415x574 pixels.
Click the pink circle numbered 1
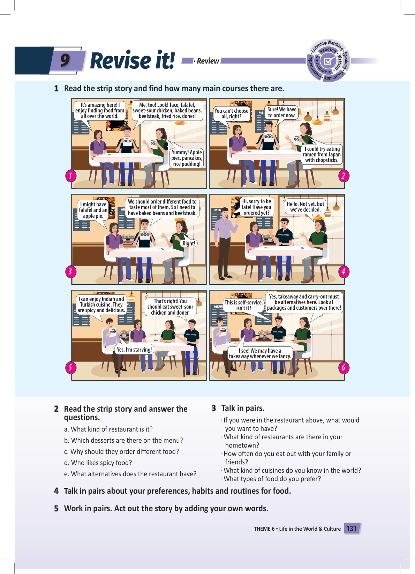(x=71, y=176)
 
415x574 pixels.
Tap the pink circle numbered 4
(x=344, y=272)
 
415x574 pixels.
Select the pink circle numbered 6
(x=344, y=367)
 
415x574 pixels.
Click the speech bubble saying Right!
(x=189, y=243)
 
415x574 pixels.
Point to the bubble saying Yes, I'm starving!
(x=134, y=349)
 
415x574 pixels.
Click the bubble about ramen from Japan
(x=322, y=154)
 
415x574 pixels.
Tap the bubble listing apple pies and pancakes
(x=187, y=158)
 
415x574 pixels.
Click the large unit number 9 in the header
(x=65, y=60)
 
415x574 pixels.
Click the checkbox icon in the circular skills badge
(x=328, y=61)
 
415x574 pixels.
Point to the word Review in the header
(x=208, y=61)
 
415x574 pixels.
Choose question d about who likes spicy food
(x=98, y=463)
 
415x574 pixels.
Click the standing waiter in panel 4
(x=224, y=243)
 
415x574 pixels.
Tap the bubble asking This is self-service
(x=243, y=305)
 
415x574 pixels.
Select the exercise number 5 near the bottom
(x=56, y=508)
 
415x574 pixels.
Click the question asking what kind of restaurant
(x=108, y=429)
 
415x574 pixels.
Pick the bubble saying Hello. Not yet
(x=305, y=207)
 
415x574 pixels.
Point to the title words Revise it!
(x=133, y=60)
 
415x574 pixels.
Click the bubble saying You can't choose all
(x=232, y=113)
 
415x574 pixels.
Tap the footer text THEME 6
(x=264, y=529)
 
